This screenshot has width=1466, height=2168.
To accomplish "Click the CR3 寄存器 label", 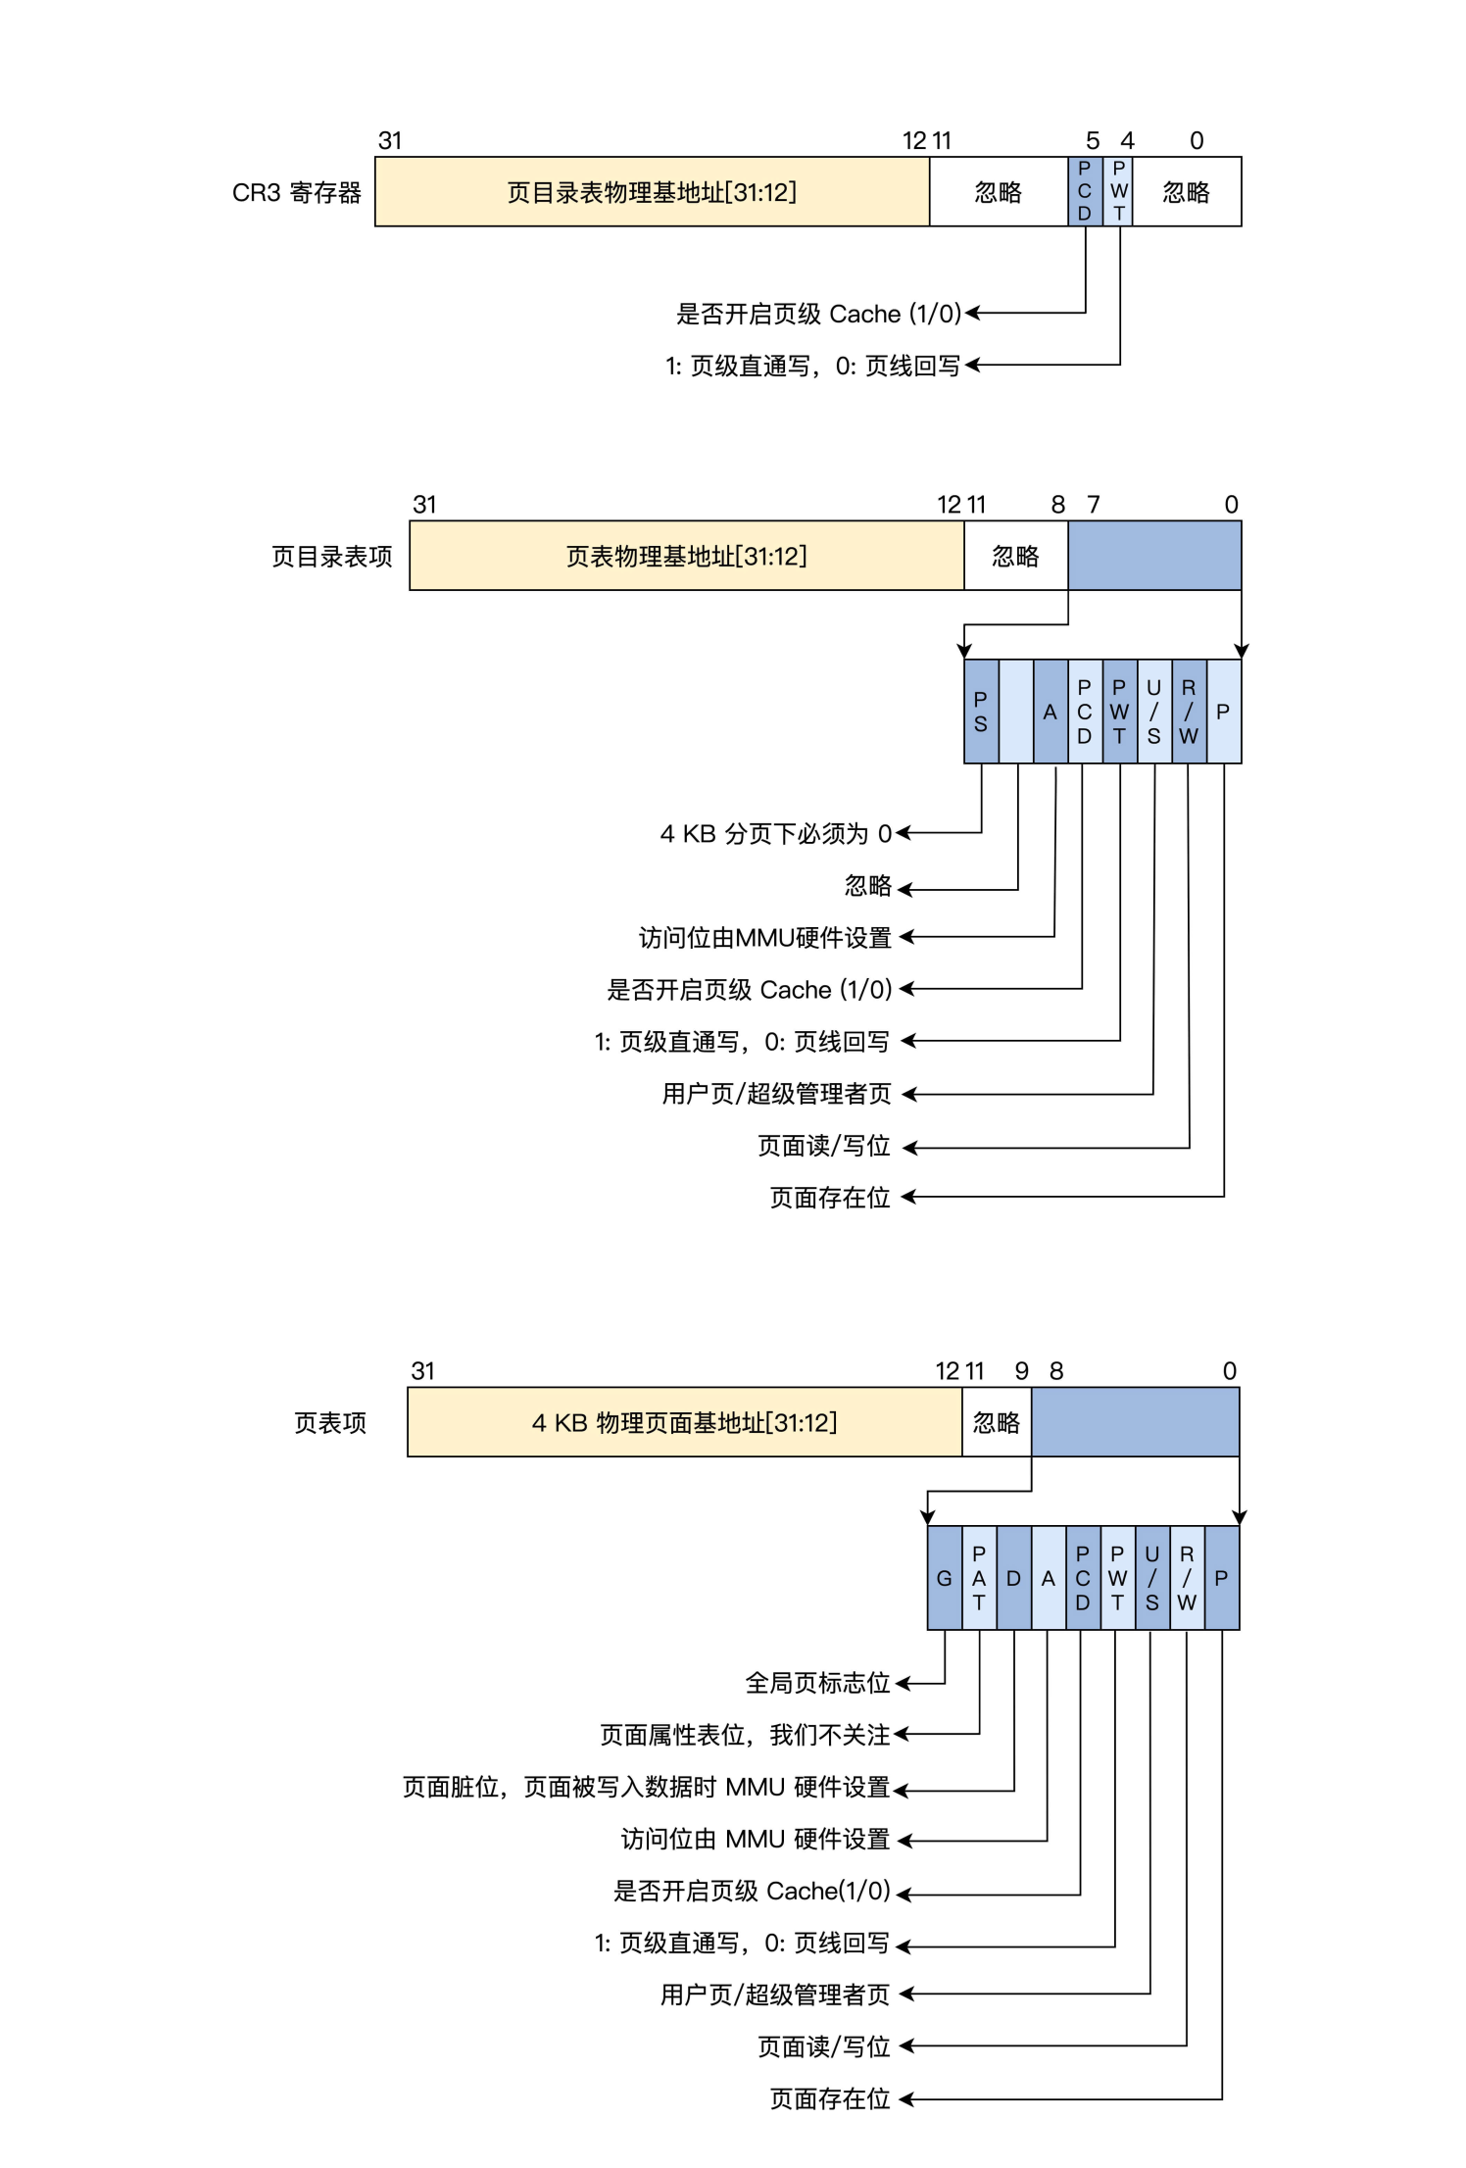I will pyautogui.click(x=296, y=192).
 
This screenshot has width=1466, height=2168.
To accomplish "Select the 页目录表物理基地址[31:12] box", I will pyautogui.click(x=652, y=192).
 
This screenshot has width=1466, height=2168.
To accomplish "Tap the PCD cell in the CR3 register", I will pyautogui.click(x=1085, y=192).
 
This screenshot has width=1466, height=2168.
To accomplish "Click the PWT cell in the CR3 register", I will pyautogui.click(x=1118, y=192).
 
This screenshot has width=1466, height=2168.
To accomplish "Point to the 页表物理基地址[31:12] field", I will pyautogui.click(x=686, y=556).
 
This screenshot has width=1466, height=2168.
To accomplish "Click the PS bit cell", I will pyautogui.click(x=981, y=712).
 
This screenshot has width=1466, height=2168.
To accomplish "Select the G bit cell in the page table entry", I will pyautogui.click(x=944, y=1578).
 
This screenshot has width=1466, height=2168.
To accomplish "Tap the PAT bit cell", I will pyautogui.click(x=979, y=1578).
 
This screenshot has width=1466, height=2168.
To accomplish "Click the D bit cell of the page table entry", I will pyautogui.click(x=1013, y=1578).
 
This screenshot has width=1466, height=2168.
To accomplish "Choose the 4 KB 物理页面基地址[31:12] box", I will pyautogui.click(x=684, y=1422).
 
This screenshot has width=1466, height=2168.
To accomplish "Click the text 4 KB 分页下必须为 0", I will pyautogui.click(x=775, y=834).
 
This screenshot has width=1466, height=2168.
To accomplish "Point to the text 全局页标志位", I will pyautogui.click(x=817, y=1683).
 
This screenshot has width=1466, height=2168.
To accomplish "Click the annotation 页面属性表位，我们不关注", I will pyautogui.click(x=745, y=1735).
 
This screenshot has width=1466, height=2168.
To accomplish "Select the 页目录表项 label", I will pyautogui.click(x=331, y=557).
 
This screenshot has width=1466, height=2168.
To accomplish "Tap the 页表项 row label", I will pyautogui.click(x=330, y=1423).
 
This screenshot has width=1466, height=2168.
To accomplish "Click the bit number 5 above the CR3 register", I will pyautogui.click(x=1093, y=141).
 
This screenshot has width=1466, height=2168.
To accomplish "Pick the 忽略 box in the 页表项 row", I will pyautogui.click(x=997, y=1422).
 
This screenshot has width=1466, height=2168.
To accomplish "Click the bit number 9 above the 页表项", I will pyautogui.click(x=1022, y=1370).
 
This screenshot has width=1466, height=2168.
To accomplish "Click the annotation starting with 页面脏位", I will pyautogui.click(x=646, y=1787).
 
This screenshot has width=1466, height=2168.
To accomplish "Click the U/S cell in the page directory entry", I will pyautogui.click(x=1154, y=712).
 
